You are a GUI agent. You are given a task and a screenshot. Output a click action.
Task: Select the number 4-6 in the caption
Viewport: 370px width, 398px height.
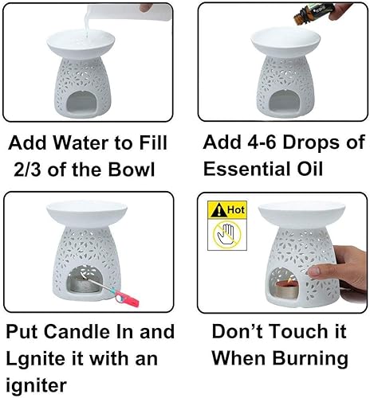[265, 143]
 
